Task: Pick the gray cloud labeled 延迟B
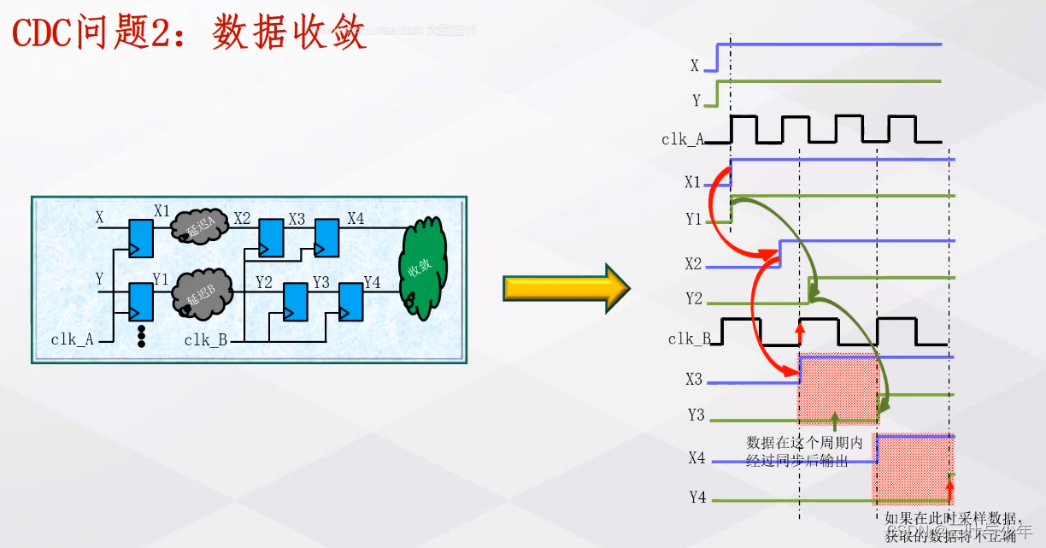pyautogui.click(x=203, y=294)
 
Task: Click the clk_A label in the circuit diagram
pyautogui.click(x=72, y=339)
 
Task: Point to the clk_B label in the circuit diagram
pyautogui.click(x=205, y=339)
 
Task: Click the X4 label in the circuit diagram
pyautogui.click(x=356, y=219)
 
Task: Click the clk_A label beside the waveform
pyautogui.click(x=682, y=139)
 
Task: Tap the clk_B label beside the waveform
pyautogui.click(x=689, y=339)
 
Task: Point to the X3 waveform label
pyautogui.click(x=693, y=379)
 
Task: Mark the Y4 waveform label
pyautogui.click(x=697, y=497)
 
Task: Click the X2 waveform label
pyautogui.click(x=693, y=264)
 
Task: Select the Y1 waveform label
pyautogui.click(x=693, y=220)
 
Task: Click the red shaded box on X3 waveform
pyautogui.click(x=838, y=390)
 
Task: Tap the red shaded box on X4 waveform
pyautogui.click(x=912, y=468)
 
